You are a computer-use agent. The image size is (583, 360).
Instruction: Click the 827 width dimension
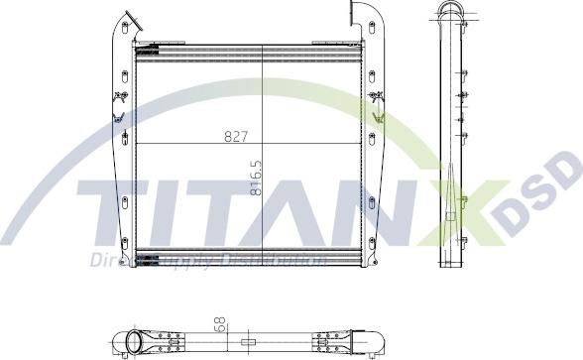point(235,136)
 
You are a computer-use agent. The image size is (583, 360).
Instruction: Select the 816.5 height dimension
point(257,178)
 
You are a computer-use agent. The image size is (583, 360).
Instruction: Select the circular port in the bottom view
point(135,344)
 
